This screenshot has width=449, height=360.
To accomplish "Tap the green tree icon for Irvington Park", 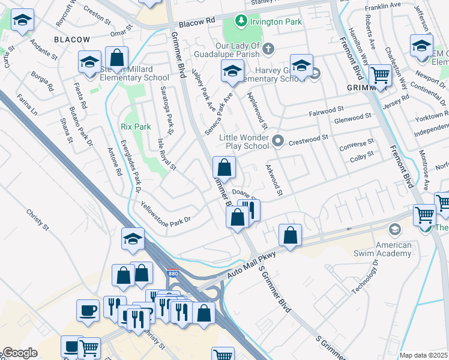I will click(x=241, y=21).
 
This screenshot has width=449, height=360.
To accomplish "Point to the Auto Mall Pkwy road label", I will click(x=251, y=265).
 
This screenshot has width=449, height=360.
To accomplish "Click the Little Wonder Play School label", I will click(x=243, y=142).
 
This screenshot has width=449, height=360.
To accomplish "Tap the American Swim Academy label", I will click(x=394, y=249).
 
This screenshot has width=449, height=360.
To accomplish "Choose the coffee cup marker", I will click(x=88, y=310).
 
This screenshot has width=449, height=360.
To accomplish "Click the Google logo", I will click(x=19, y=353).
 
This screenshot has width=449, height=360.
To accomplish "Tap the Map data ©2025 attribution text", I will click(x=423, y=355).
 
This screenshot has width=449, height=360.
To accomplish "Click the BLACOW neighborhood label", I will click(x=72, y=40).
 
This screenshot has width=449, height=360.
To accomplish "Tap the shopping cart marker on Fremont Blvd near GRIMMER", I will click(x=380, y=76).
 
